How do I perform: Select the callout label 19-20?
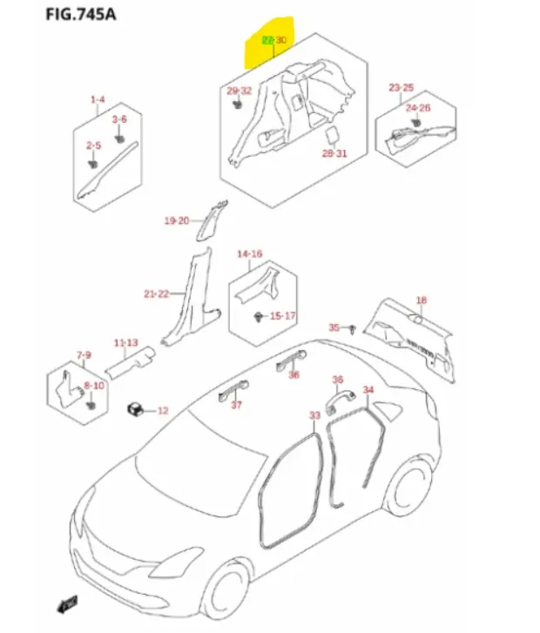tap(177, 221)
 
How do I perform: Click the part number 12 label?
tap(162, 410)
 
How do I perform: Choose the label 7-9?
tap(84, 355)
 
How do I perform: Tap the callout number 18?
tap(422, 300)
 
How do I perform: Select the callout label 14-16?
tap(249, 254)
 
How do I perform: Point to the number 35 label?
tap(333, 327)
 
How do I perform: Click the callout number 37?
tap(236, 406)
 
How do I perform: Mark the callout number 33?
tap(315, 415)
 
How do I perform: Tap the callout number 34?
tap(368, 389)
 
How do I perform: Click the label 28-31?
tap(334, 153)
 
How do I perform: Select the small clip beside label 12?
tap(135, 408)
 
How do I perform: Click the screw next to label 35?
tap(350, 329)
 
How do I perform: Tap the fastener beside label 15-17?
tap(258, 314)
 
